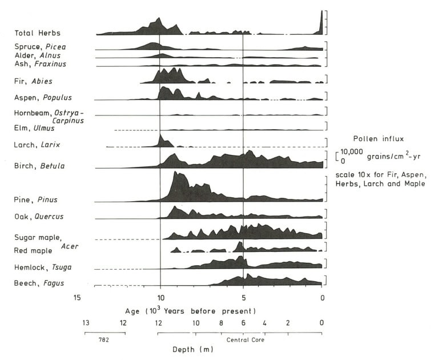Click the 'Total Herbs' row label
(x=37, y=34)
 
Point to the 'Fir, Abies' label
(x=33, y=82)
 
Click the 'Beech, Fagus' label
(x=39, y=283)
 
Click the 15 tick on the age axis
(x=78, y=298)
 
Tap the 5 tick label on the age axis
(x=243, y=298)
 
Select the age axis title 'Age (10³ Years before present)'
(x=190, y=310)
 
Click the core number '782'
(x=104, y=339)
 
